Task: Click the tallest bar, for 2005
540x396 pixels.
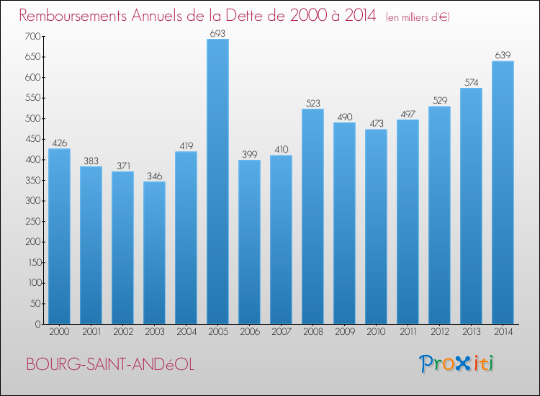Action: pos(217,181)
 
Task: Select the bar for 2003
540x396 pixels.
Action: pos(154,253)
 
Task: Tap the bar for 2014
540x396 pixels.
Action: pos(503,192)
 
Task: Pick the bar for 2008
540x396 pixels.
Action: pos(312,216)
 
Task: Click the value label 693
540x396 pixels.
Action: pos(217,33)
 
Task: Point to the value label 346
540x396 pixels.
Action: pos(154,176)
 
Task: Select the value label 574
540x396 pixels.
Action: pos(471,82)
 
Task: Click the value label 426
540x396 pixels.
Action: pos(59,143)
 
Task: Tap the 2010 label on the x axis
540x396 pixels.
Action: pos(376,331)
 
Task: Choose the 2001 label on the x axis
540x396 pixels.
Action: pos(91,331)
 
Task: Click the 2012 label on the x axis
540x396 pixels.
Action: pos(439,331)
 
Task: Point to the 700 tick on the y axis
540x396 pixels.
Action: pos(32,36)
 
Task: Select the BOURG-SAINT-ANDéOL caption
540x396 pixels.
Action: pos(109,365)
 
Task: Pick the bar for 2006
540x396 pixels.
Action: pos(249,242)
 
